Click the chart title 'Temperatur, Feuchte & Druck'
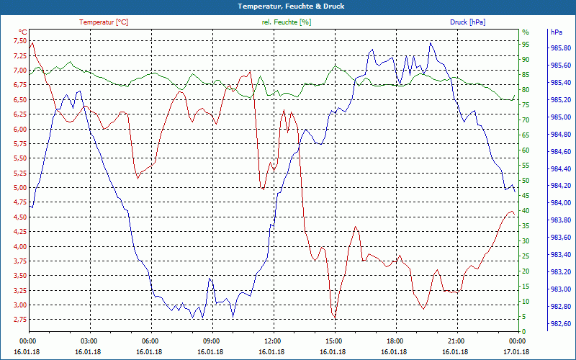(x=287, y=6)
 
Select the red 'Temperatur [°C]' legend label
(x=104, y=22)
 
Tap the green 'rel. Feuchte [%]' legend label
(x=287, y=22)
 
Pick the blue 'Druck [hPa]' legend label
(x=467, y=22)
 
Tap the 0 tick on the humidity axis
(x=524, y=332)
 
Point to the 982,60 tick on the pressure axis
(x=562, y=323)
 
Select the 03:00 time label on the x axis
(x=89, y=341)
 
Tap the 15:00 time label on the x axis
(x=334, y=341)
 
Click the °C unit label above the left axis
(x=22, y=32)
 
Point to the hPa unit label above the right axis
(x=556, y=32)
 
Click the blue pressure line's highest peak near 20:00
(x=431, y=42)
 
